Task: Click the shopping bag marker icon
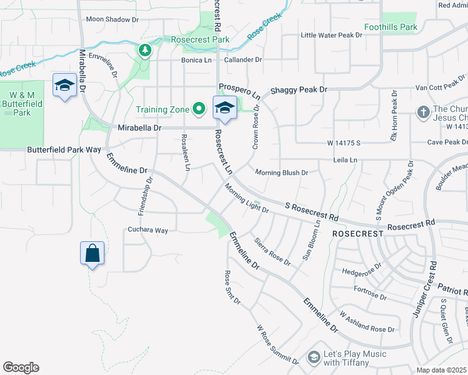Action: tap(92, 253)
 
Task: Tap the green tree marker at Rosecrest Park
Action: tap(145, 49)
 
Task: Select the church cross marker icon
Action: tap(423, 112)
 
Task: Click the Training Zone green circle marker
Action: tap(200, 109)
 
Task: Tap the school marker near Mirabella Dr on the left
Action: tap(64, 85)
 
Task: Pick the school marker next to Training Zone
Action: tap(225, 107)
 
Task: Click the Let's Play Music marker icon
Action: tap(313, 357)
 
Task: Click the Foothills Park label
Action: tap(391, 27)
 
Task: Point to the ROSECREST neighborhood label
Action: tap(357, 233)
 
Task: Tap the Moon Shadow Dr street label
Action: tap(113, 19)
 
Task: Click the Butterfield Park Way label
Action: tap(64, 150)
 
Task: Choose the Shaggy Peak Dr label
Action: tap(298, 90)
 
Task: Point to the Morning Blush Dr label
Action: tap(282, 172)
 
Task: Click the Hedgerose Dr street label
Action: tap(362, 271)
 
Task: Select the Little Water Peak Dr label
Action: tap(332, 36)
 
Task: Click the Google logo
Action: tap(21, 367)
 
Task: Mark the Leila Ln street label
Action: tap(345, 161)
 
